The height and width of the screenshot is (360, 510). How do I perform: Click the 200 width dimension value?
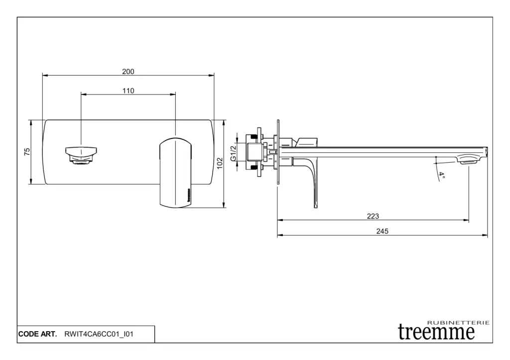click(128, 72)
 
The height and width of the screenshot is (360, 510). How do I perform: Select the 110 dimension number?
click(128, 91)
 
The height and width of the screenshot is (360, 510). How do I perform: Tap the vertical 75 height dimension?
click(27, 151)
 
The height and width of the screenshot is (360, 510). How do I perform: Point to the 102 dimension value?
click(220, 163)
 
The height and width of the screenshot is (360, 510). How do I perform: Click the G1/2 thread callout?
click(233, 153)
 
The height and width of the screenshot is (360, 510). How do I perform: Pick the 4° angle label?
click(441, 176)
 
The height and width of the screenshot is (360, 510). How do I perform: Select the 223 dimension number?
click(373, 216)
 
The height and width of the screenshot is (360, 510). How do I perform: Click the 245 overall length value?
click(382, 231)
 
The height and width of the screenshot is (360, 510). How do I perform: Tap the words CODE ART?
click(37, 334)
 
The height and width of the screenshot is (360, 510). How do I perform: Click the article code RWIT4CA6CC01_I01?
click(99, 334)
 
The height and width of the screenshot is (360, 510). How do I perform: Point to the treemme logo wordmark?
click(436, 332)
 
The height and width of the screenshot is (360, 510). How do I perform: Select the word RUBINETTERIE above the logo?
click(458, 323)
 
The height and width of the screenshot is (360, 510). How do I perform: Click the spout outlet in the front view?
click(81, 155)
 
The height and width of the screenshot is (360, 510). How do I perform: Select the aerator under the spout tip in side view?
click(469, 161)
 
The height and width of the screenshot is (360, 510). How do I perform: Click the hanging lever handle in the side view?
click(310, 183)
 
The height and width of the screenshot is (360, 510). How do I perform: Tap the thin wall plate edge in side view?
click(278, 152)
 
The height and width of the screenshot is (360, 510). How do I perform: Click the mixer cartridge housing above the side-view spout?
click(306, 142)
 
